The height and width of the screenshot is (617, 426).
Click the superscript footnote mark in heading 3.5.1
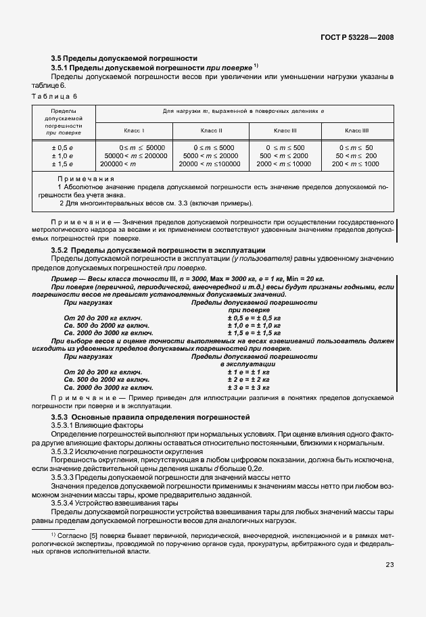[256, 66]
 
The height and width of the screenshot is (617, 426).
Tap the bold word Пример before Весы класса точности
[66, 279]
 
